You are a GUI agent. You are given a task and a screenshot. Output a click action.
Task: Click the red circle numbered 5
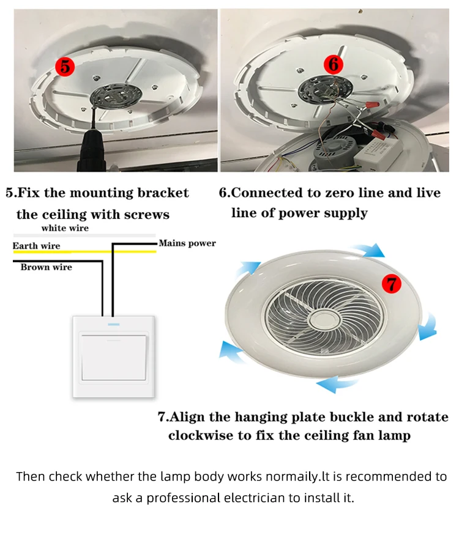65,67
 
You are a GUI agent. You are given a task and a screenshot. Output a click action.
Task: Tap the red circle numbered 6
333,63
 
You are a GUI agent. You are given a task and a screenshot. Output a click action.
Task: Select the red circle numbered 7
391,283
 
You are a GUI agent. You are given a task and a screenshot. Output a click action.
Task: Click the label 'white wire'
65,228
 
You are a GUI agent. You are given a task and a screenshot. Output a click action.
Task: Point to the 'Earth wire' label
37,246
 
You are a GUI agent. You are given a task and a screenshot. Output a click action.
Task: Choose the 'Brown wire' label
46,267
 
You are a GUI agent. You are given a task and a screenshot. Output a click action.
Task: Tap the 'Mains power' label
187,243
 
